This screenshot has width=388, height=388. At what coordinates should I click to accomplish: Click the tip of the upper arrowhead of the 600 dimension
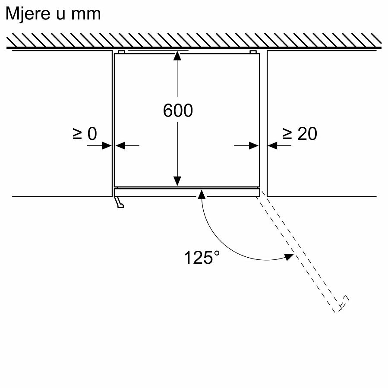pyautogui.click(x=177, y=51)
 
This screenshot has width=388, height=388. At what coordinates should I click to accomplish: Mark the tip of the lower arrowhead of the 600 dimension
pyautogui.click(x=177, y=186)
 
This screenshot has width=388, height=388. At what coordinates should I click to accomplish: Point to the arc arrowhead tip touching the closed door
pyautogui.click(x=202, y=190)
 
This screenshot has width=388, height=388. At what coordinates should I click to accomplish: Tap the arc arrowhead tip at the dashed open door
pyautogui.click(x=294, y=254)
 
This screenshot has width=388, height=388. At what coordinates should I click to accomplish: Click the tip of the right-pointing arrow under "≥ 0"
pyautogui.click(x=112, y=145)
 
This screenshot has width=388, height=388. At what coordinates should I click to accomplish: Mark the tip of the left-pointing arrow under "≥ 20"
pyautogui.click(x=268, y=145)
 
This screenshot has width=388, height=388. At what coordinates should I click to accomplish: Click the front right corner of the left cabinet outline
pyautogui.click(x=112, y=196)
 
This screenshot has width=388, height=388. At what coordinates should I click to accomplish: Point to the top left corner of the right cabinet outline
pyautogui.click(x=268, y=51)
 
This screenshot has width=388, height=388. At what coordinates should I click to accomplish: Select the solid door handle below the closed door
pyautogui.click(x=119, y=202)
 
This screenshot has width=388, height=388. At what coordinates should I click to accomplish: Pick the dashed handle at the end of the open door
pyautogui.click(x=344, y=303)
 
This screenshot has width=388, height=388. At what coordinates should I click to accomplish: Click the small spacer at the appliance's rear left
pyautogui.click(x=121, y=52)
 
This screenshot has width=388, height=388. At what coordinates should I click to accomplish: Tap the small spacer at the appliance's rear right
pyautogui.click(x=253, y=52)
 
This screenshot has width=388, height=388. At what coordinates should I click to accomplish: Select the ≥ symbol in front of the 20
pyautogui.click(x=287, y=134)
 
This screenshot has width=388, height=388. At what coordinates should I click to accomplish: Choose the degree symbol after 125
pyautogui.click(x=216, y=254)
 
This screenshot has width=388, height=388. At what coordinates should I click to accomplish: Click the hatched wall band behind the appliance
pyautogui.click(x=194, y=40)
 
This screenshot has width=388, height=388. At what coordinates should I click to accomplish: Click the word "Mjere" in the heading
pyautogui.click(x=28, y=14)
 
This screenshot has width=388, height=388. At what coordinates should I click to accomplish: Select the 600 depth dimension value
pyautogui.click(x=178, y=110)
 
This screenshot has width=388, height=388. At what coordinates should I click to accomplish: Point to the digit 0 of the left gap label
pyautogui.click(x=92, y=134)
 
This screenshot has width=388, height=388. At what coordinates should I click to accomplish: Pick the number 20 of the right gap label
pyautogui.click(x=307, y=134)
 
